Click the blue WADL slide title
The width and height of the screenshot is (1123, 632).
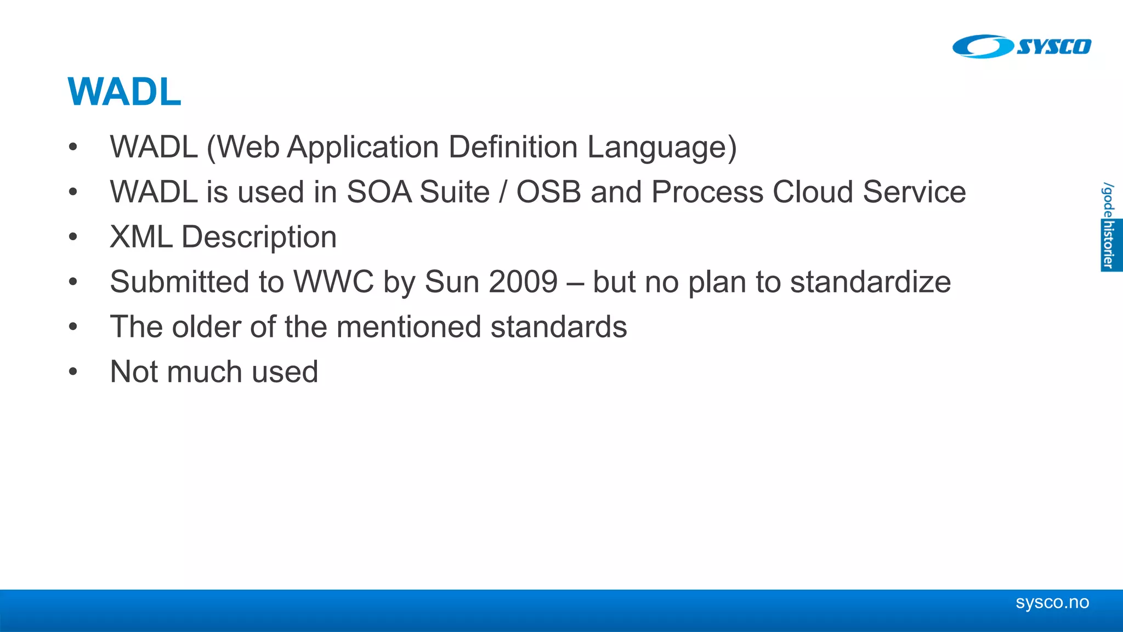124,92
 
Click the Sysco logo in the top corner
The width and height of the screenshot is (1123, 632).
1022,47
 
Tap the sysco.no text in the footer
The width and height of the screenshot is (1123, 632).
1052,602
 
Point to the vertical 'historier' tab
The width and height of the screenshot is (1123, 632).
1109,245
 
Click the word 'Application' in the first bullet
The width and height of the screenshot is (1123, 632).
363,148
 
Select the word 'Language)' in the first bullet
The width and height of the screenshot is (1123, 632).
662,148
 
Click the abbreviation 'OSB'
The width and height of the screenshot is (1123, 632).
548,192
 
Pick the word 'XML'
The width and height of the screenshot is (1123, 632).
141,237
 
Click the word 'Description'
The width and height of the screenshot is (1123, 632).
259,237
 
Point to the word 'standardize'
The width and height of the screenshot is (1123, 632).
870,282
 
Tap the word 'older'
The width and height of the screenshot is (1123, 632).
206,327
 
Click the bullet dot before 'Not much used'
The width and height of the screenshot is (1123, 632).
73,372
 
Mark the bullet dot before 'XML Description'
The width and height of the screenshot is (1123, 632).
73,237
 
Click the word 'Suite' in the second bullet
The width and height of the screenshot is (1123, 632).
454,192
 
